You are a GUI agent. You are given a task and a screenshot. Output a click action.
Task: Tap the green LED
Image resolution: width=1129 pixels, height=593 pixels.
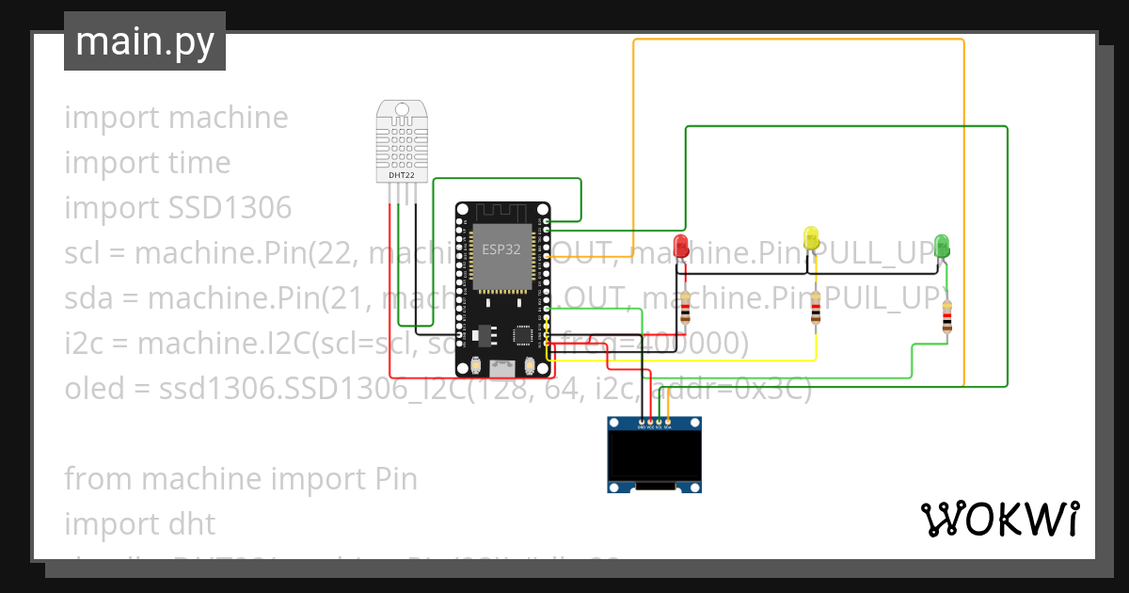943,246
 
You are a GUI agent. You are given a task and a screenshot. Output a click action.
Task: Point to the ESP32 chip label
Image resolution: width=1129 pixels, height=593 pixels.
501,250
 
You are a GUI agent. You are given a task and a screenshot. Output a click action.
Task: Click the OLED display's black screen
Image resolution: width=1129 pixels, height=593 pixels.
654,457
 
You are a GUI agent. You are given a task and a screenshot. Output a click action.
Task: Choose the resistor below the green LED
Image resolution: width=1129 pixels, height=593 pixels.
946,317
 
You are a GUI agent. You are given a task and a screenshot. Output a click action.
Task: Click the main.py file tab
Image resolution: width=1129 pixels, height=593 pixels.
145,41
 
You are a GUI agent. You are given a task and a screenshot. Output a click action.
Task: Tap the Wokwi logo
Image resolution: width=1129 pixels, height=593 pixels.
999,519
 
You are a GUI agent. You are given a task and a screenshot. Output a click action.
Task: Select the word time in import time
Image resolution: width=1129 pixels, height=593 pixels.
199,162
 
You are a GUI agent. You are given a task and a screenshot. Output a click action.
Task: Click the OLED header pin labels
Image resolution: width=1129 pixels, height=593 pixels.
654,427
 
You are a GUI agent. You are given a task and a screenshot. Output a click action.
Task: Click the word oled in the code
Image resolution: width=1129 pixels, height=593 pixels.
94,388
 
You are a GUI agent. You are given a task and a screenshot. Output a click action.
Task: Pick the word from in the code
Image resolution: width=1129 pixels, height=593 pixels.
98,478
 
